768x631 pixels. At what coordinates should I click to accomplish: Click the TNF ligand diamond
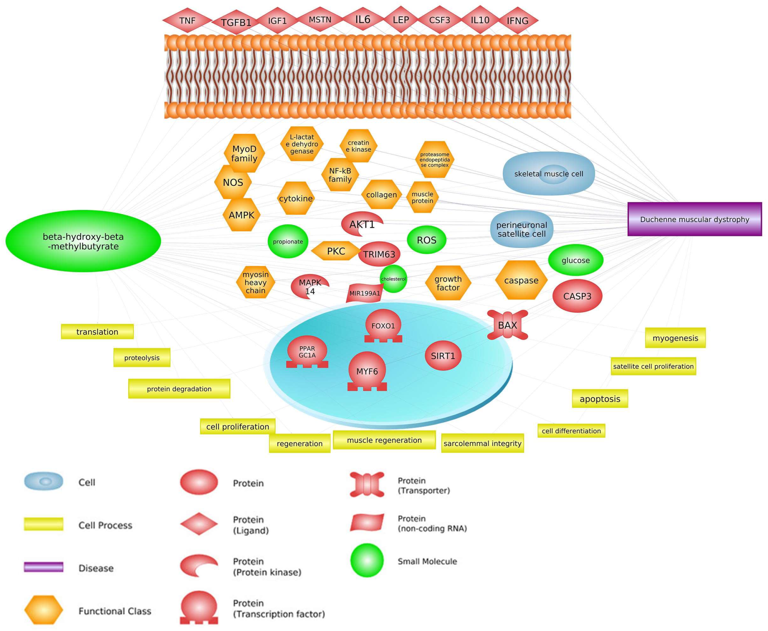click(x=187, y=20)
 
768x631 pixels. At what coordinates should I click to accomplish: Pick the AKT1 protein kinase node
click(x=362, y=224)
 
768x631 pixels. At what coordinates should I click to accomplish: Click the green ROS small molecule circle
click(x=426, y=240)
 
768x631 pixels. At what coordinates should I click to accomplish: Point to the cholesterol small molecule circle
click(x=393, y=279)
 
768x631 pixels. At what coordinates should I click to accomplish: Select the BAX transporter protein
click(x=508, y=325)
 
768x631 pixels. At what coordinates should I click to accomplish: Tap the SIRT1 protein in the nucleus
click(x=443, y=356)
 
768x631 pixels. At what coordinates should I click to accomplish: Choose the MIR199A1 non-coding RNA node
click(x=364, y=293)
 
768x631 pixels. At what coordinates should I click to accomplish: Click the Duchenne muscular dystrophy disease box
click(x=695, y=219)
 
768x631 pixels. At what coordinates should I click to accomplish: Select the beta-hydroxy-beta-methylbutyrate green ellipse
click(x=83, y=241)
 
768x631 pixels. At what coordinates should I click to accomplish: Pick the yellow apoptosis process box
click(x=600, y=399)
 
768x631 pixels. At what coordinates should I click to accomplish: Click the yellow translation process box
click(x=97, y=331)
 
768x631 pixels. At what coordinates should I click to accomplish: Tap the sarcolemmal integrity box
click(x=483, y=443)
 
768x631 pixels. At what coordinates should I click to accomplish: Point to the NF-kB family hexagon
click(x=340, y=175)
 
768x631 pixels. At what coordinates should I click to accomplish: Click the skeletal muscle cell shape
click(x=549, y=174)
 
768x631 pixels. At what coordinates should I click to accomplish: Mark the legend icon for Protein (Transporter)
click(x=367, y=484)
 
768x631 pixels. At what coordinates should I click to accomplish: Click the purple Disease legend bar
click(x=44, y=567)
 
